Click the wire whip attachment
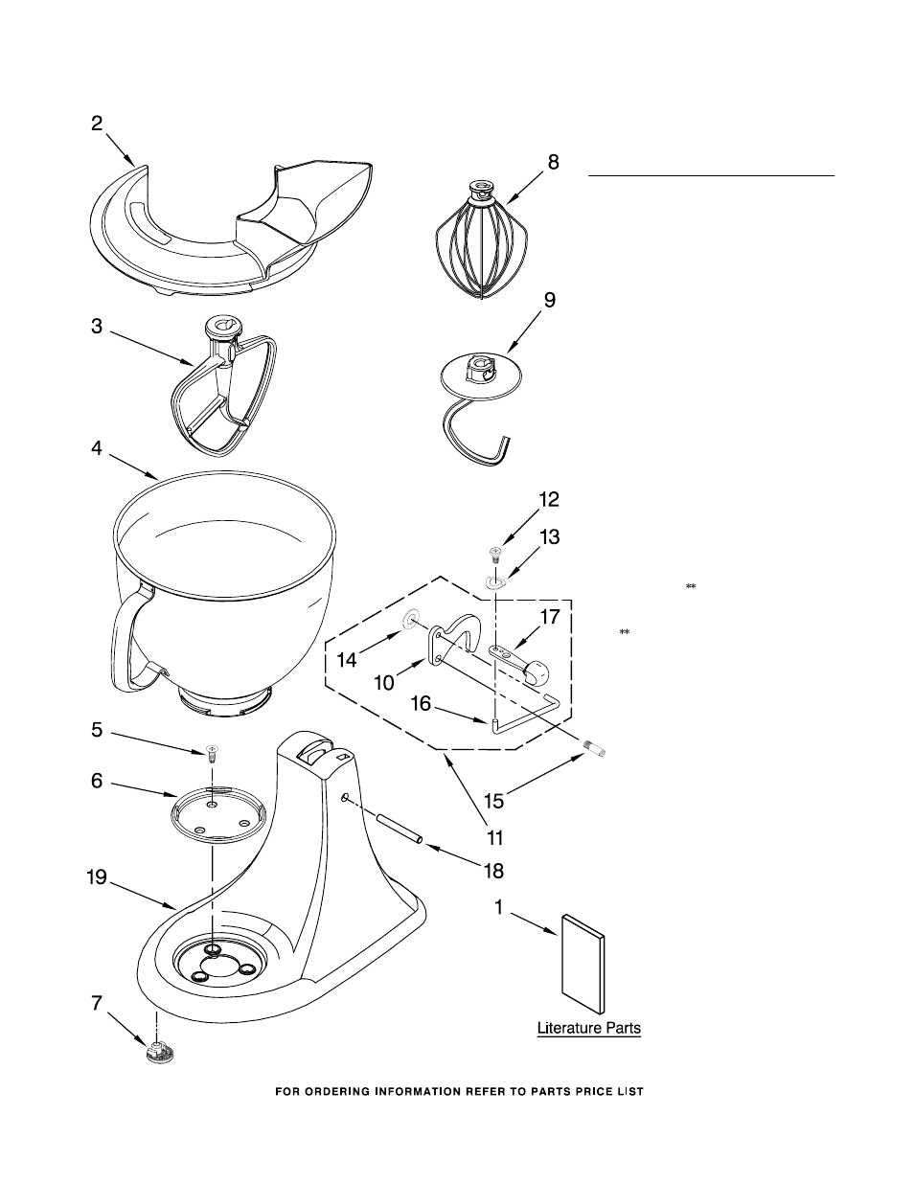[482, 241]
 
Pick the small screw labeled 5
[212, 754]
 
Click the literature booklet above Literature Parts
[583, 965]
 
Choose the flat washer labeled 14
[410, 618]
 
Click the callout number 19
[97, 878]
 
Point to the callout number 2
[97, 124]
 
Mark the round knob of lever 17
[537, 671]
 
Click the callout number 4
[97, 448]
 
